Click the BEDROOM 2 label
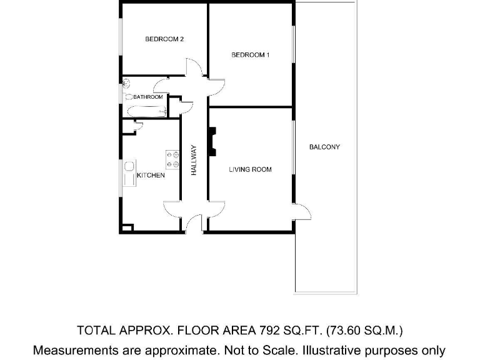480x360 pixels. pos(164,39)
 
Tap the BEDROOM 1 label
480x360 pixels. pos(250,55)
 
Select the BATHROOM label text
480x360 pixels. pos(148,97)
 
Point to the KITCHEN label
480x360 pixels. pos(151,176)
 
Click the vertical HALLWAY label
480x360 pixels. pos(194,160)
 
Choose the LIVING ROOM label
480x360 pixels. pos(250,169)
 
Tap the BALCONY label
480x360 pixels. pos(324,147)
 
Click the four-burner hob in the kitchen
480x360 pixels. pos(172,159)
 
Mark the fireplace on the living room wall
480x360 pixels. pos(212,141)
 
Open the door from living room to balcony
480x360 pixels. pos(301,212)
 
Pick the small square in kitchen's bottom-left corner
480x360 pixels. pos(127,228)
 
